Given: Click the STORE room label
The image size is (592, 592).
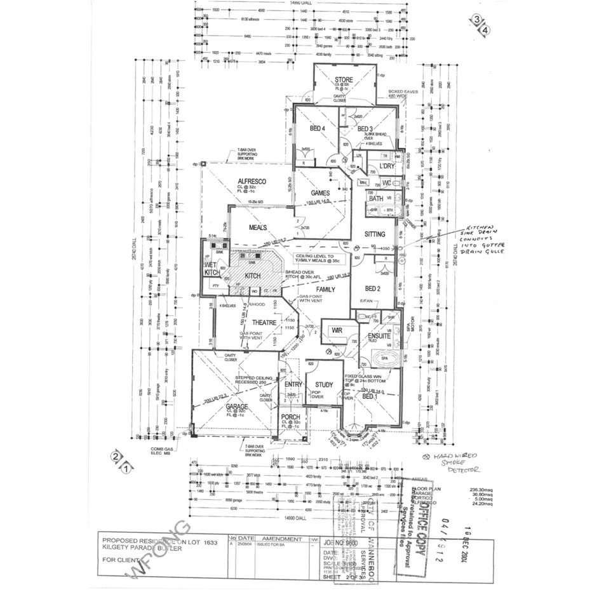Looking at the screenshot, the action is pyautogui.click(x=344, y=79).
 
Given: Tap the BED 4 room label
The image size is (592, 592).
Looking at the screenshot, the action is pyautogui.click(x=317, y=129).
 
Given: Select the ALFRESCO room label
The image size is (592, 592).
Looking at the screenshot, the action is pyautogui.click(x=250, y=181).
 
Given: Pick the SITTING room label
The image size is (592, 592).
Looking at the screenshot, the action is pyautogui.click(x=375, y=234).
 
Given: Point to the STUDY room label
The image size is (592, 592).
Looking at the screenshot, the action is pyautogui.click(x=324, y=384).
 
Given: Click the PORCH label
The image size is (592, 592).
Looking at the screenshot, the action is pyautogui.click(x=290, y=418).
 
